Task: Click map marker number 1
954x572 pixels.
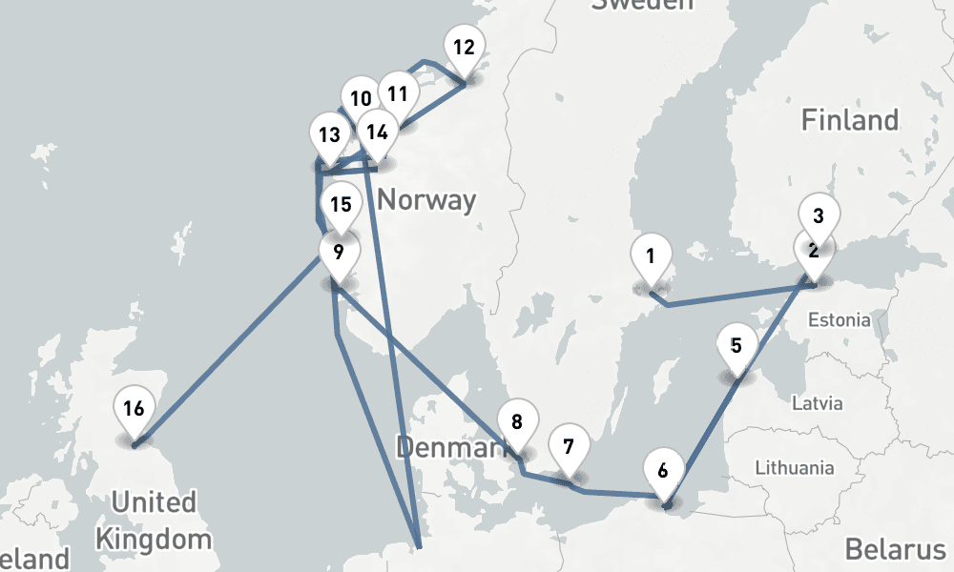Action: pyautogui.click(x=652, y=256)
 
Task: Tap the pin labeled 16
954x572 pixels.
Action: pyautogui.click(x=134, y=409)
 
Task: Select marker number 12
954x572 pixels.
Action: pyautogui.click(x=464, y=47)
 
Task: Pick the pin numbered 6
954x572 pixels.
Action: pyautogui.click(x=664, y=470)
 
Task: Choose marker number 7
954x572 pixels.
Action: pyautogui.click(x=569, y=446)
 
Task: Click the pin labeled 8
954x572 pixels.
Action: pyautogui.click(x=517, y=422)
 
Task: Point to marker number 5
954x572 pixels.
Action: pyautogui.click(x=736, y=345)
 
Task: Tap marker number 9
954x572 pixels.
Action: pyautogui.click(x=339, y=253)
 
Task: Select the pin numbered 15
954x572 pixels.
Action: pyautogui.click(x=340, y=204)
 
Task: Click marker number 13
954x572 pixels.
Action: pyautogui.click(x=329, y=134)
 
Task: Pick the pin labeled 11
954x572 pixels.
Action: pyautogui.click(x=398, y=94)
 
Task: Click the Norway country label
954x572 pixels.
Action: pyautogui.click(x=426, y=200)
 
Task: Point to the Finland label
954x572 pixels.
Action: pyautogui.click(x=849, y=120)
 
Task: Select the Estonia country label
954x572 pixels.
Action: pyautogui.click(x=839, y=319)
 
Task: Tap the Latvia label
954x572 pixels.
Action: pyautogui.click(x=819, y=402)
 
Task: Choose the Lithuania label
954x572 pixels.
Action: pyautogui.click(x=794, y=468)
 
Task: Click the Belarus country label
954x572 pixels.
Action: pyautogui.click(x=894, y=550)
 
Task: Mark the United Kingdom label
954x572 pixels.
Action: pyautogui.click(x=153, y=520)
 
